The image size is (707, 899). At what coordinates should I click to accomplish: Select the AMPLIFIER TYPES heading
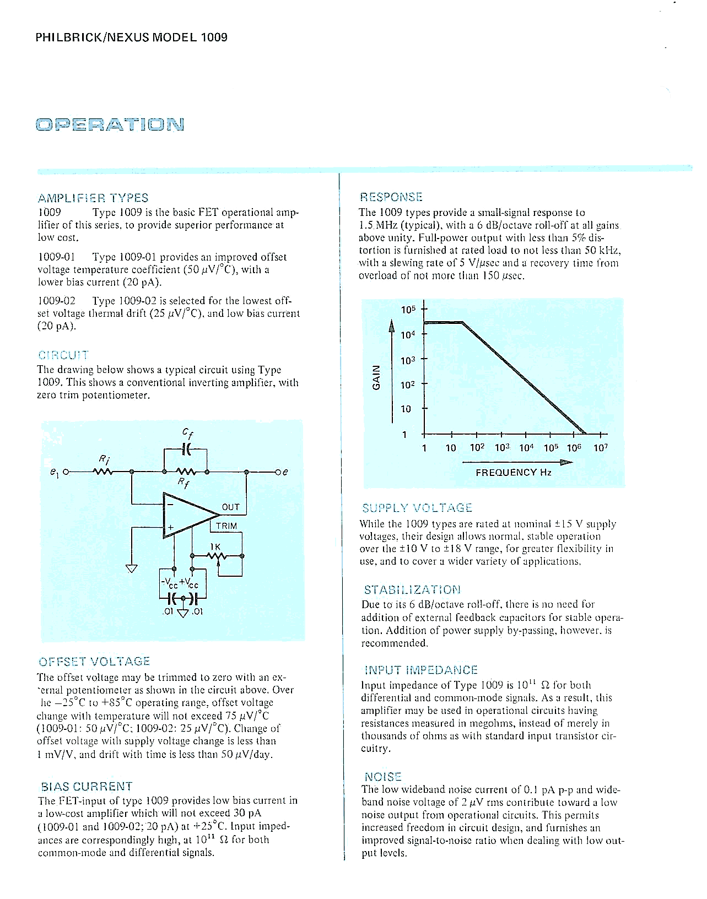93,198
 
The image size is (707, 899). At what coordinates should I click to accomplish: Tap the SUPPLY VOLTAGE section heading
417,508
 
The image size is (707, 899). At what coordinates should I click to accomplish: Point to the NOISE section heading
384,777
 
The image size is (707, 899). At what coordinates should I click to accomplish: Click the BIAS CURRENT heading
87,786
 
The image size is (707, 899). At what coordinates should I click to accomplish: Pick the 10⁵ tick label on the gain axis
407,310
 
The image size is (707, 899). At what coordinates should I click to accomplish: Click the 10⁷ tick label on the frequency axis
601,448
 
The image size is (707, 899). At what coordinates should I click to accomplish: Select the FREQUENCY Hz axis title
514,472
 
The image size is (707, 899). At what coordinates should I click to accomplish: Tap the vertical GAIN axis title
377,377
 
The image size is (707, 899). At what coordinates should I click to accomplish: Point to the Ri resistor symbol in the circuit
103,472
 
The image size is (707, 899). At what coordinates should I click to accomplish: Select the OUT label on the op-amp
231,507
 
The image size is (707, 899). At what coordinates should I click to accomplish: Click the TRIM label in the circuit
226,526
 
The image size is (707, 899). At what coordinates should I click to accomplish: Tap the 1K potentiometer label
215,546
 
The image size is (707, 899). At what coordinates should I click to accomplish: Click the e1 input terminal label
54,473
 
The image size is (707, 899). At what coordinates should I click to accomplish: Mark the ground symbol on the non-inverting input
131,568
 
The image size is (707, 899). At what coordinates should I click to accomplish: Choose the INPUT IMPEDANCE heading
421,670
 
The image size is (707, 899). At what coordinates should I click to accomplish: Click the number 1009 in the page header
214,37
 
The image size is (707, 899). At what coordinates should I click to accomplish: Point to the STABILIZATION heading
412,590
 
